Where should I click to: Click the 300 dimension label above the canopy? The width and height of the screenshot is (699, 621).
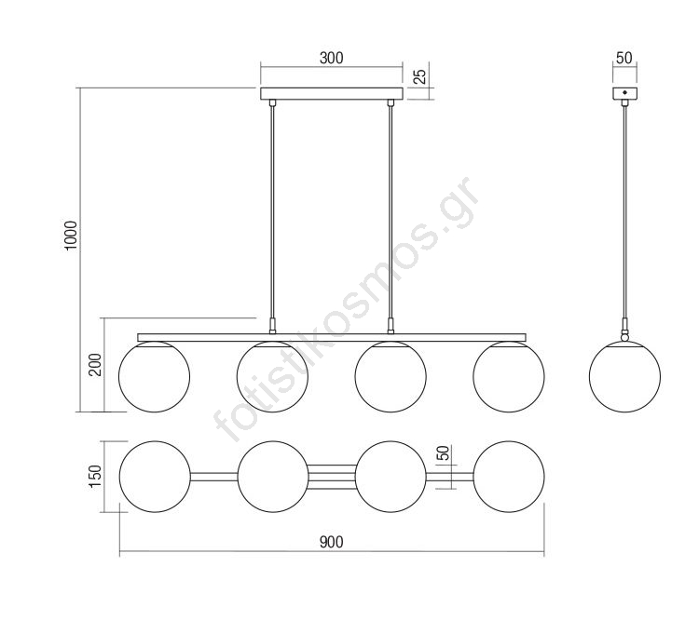tap(331, 58)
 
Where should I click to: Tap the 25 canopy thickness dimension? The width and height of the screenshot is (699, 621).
tap(419, 76)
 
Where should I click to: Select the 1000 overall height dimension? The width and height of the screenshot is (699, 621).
tap(71, 236)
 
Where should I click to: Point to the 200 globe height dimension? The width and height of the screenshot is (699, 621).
tap(95, 365)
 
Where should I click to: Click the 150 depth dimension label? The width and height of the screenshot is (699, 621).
tap(95, 476)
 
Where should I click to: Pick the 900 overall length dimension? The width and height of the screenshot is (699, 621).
tap(331, 542)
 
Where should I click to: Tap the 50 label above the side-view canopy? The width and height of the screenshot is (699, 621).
tap(624, 58)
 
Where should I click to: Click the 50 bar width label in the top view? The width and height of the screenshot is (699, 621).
tap(443, 453)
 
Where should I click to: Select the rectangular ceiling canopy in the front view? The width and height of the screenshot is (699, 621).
tap(332, 93)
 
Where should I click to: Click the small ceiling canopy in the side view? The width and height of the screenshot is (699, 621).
tap(624, 93)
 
